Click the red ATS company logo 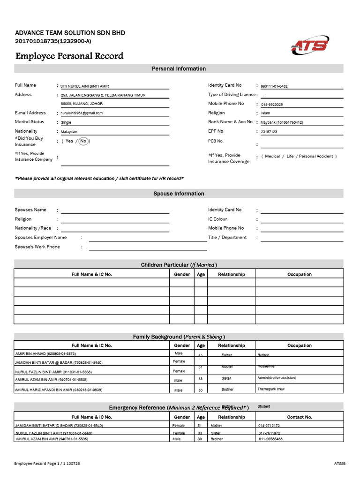(310, 45)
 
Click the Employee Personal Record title (69, 56)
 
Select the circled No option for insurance (83, 141)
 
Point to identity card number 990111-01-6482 (274, 86)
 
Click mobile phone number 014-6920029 (272, 105)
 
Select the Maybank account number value (282, 123)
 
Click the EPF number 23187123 (269, 132)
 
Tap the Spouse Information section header (179, 194)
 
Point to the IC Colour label (217, 219)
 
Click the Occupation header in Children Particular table (299, 274)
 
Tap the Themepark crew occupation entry (271, 389)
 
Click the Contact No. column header (299, 417)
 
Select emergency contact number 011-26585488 (274, 439)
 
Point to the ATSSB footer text (339, 464)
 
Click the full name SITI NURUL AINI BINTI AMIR (85, 87)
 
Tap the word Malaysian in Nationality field (69, 132)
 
